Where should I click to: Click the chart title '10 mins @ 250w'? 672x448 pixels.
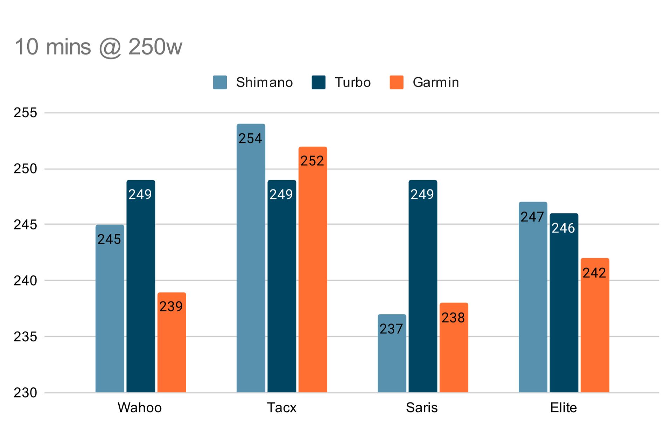pyautogui.click(x=98, y=47)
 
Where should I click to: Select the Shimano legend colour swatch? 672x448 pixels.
pyautogui.click(x=220, y=83)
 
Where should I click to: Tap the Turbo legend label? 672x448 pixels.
pyautogui.click(x=352, y=83)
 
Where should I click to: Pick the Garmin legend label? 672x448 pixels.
pyautogui.click(x=436, y=83)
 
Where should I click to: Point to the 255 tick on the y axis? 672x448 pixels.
pyautogui.click(x=25, y=113)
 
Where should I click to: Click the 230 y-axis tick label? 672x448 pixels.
pyautogui.click(x=25, y=393)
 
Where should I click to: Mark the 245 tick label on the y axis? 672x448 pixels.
pyautogui.click(x=25, y=225)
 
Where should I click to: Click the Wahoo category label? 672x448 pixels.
pyautogui.click(x=140, y=408)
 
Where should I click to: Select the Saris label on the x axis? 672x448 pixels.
pyautogui.click(x=422, y=408)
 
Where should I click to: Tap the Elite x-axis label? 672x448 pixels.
pyautogui.click(x=563, y=408)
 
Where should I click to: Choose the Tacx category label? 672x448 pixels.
pyautogui.click(x=282, y=408)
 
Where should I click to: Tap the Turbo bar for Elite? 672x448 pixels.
pyautogui.click(x=564, y=308)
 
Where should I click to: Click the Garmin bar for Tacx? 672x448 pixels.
pyautogui.click(x=313, y=273)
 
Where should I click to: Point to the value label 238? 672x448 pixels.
pyautogui.click(x=453, y=318)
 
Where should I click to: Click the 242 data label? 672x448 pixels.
pyautogui.click(x=594, y=273)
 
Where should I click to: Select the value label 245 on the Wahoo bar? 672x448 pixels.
pyautogui.click(x=109, y=239)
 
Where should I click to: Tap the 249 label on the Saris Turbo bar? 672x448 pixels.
pyautogui.click(x=422, y=195)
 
